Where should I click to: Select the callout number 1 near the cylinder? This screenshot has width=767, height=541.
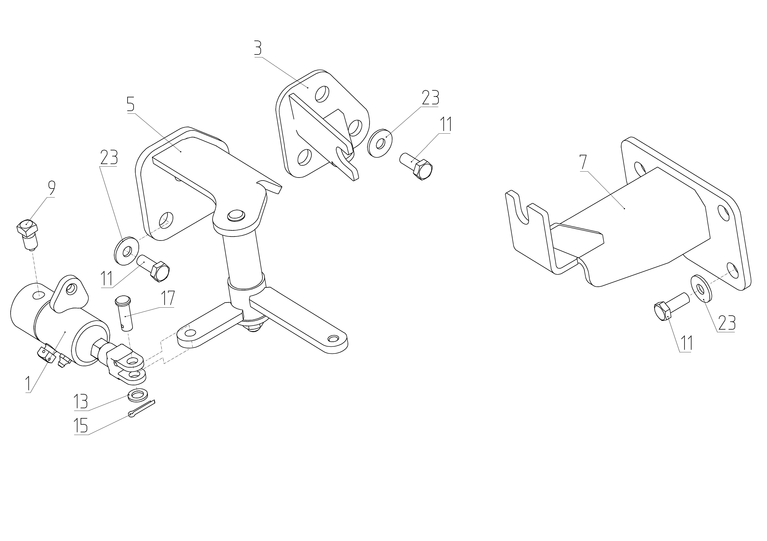[x=29, y=384]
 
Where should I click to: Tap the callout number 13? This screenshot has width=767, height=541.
[x=80, y=402]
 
